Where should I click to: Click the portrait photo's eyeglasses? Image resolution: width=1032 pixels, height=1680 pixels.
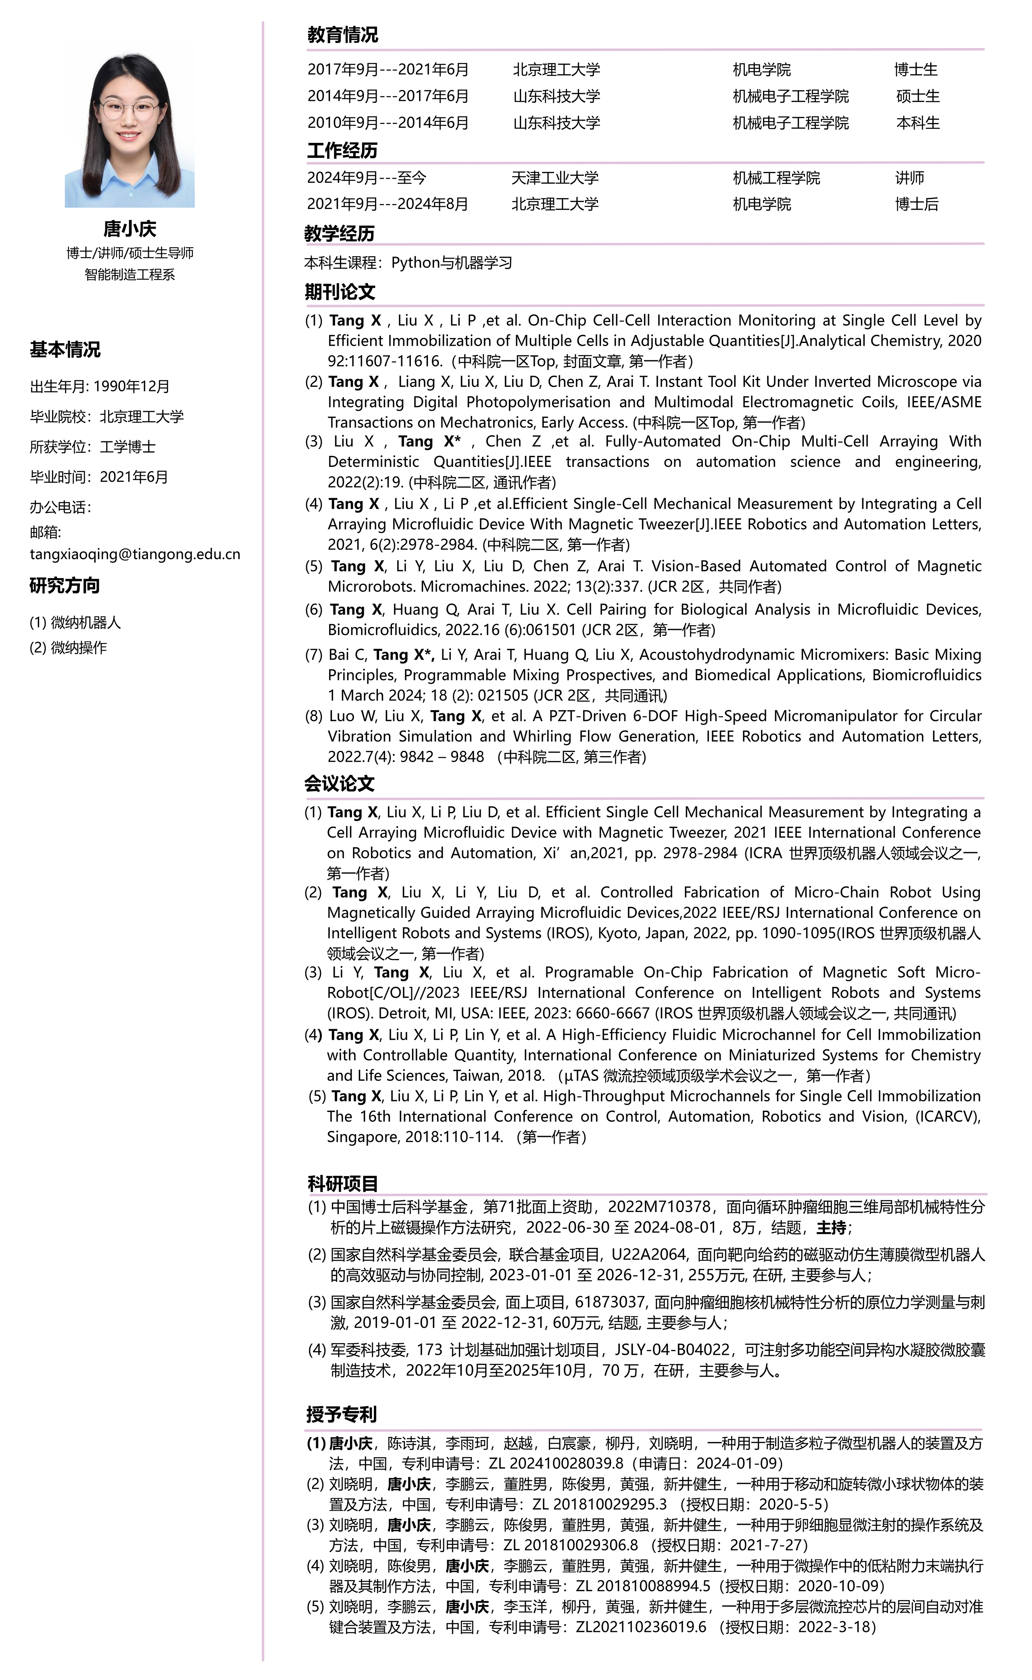pyautogui.click(x=129, y=109)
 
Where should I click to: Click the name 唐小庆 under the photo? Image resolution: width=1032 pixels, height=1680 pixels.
pyautogui.click(x=130, y=229)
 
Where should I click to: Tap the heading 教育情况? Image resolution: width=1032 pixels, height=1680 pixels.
pyautogui.click(x=343, y=35)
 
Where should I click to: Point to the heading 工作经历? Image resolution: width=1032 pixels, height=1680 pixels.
pyautogui.click(x=342, y=151)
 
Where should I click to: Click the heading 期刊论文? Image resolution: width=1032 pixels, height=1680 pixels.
pyautogui.click(x=340, y=292)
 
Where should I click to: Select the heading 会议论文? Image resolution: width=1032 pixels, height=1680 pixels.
pyautogui.click(x=339, y=784)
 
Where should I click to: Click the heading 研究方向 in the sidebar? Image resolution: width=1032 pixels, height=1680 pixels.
pyautogui.click(x=65, y=586)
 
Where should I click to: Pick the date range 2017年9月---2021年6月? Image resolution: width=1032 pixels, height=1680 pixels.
pyautogui.click(x=388, y=70)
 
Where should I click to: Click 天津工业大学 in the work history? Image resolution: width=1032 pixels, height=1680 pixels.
pyautogui.click(x=555, y=178)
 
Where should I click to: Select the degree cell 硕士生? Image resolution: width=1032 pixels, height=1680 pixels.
pyautogui.click(x=918, y=96)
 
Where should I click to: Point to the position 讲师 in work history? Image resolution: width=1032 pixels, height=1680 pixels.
pyautogui.click(x=910, y=178)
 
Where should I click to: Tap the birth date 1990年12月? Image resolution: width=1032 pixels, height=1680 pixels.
pyautogui.click(x=132, y=387)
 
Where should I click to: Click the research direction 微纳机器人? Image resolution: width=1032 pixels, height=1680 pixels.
pyautogui.click(x=85, y=623)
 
